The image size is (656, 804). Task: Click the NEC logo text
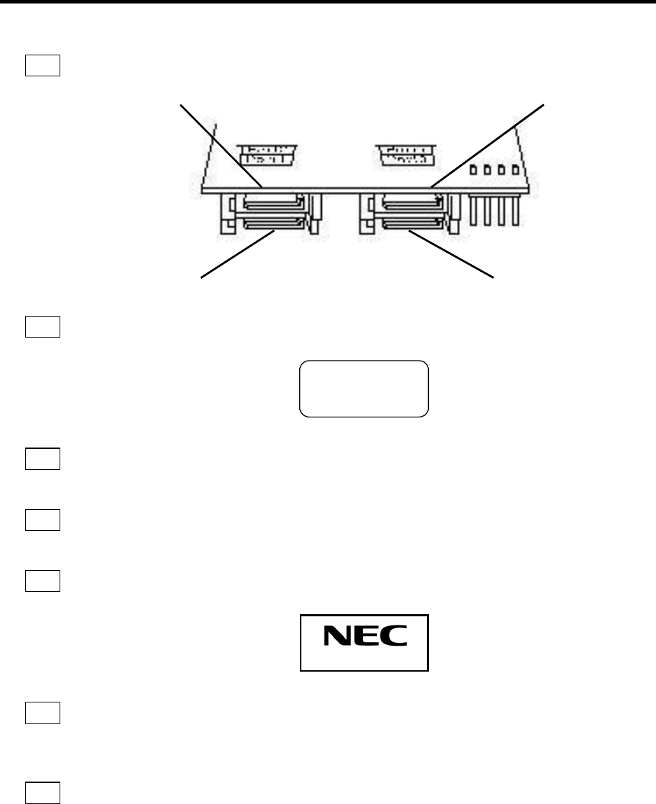(365, 635)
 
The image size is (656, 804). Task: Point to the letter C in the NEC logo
(395, 635)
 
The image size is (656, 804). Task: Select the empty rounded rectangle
(364, 389)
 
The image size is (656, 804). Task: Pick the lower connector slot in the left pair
(273, 225)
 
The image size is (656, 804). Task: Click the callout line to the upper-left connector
(221, 145)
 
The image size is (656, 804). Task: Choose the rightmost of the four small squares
(516, 169)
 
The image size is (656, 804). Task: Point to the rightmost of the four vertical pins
(516, 211)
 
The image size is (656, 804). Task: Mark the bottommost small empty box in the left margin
(43, 792)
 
